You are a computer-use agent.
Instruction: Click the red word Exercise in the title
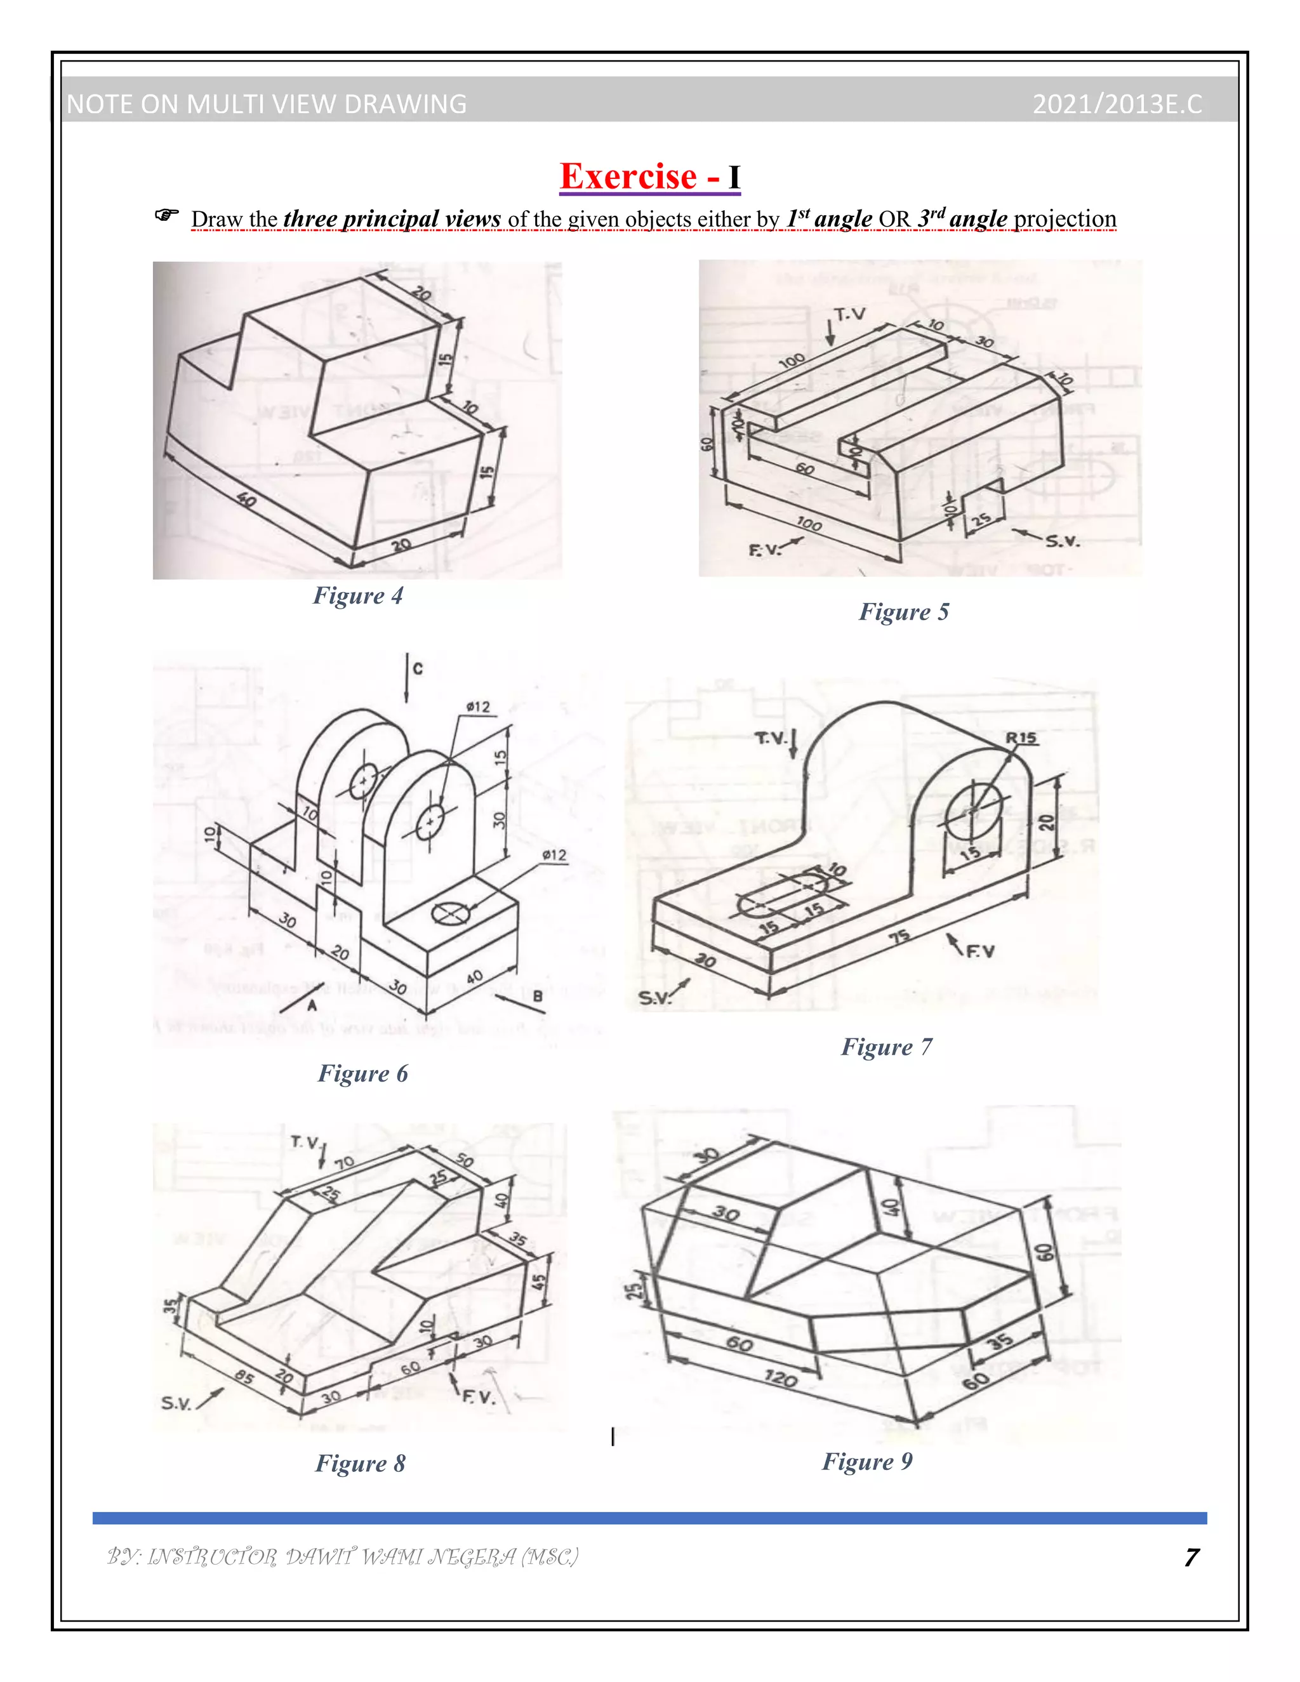(x=628, y=176)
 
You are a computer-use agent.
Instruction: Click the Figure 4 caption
(x=357, y=595)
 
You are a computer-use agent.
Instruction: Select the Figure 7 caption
(x=885, y=1047)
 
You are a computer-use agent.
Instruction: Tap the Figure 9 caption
(x=867, y=1461)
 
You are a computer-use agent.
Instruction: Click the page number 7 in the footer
(x=1191, y=1557)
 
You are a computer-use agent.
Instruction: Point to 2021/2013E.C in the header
(x=1117, y=104)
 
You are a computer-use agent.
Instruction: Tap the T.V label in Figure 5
(x=850, y=314)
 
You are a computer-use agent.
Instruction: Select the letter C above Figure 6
(x=418, y=668)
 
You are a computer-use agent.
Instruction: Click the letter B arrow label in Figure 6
(x=538, y=997)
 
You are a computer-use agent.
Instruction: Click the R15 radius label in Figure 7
(x=1021, y=738)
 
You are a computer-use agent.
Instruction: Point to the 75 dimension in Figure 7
(x=899, y=936)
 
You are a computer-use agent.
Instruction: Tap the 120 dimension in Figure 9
(x=780, y=1378)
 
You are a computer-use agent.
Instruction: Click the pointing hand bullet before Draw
(x=166, y=215)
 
